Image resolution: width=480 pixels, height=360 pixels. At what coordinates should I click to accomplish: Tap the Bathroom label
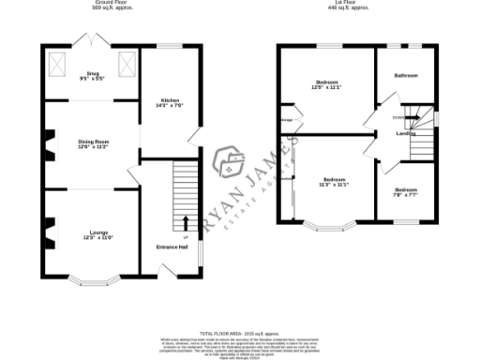coord(406,75)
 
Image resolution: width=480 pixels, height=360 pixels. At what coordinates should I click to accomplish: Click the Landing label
coord(406,133)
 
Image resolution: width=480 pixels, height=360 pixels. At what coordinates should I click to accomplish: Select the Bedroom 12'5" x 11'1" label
coord(326,85)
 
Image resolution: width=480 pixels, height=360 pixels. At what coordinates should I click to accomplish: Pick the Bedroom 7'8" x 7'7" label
coord(406,191)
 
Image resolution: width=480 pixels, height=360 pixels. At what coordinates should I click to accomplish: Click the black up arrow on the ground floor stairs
coord(184,223)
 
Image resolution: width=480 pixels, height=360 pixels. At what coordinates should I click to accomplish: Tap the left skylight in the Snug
coord(57,65)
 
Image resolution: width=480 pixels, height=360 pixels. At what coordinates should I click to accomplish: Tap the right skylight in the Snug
coord(127,65)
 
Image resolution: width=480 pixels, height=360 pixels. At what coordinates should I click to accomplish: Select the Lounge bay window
coord(91,279)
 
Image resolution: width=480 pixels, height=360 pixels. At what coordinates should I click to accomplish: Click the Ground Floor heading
coord(91,4)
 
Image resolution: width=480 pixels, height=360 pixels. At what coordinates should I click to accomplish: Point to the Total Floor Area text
coord(240,331)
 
